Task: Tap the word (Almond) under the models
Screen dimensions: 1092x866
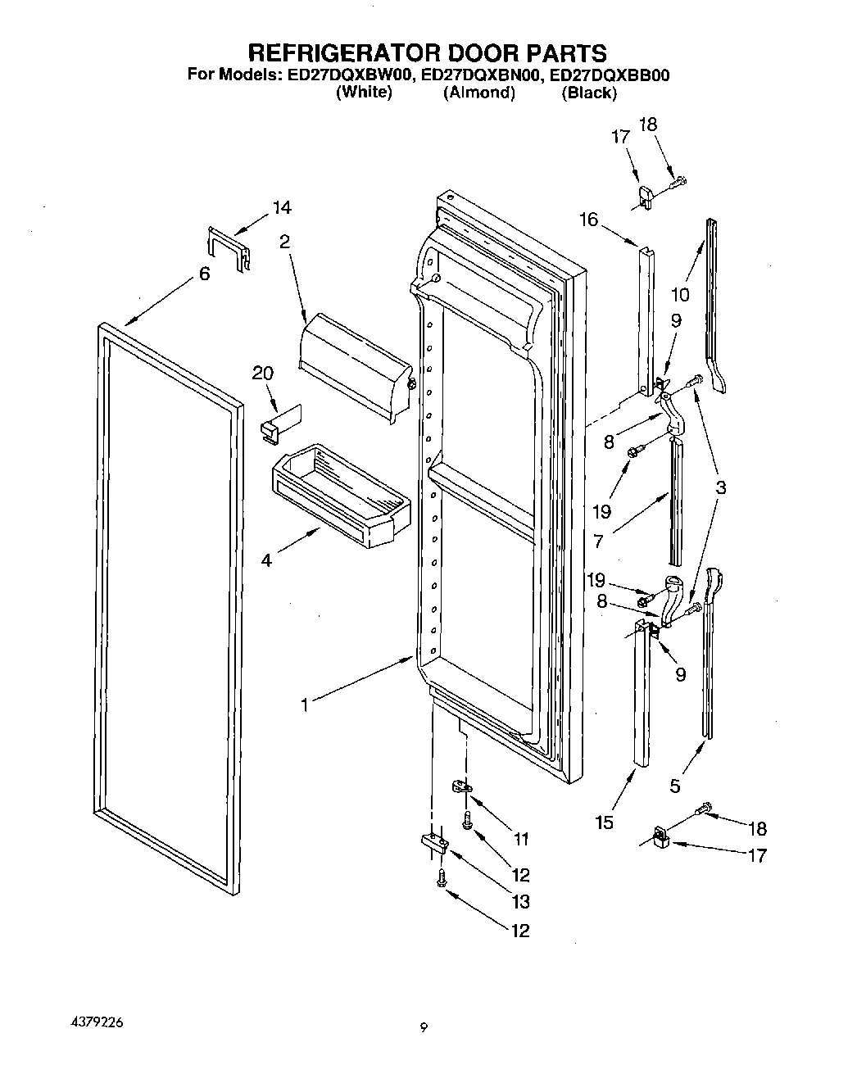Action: click(x=479, y=93)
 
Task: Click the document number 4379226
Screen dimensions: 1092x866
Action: click(x=93, y=1023)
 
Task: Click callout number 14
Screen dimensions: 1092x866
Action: click(x=282, y=208)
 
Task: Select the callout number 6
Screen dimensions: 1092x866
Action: click(x=205, y=274)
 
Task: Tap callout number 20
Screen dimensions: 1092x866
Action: click(x=262, y=374)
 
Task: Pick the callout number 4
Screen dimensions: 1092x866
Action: click(x=266, y=561)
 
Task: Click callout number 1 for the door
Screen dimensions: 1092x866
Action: click(x=305, y=705)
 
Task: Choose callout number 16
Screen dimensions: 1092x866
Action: click(x=588, y=220)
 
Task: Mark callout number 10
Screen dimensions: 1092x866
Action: click(x=679, y=294)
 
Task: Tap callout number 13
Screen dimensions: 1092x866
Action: click(x=520, y=901)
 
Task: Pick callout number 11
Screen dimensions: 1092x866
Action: click(x=520, y=839)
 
